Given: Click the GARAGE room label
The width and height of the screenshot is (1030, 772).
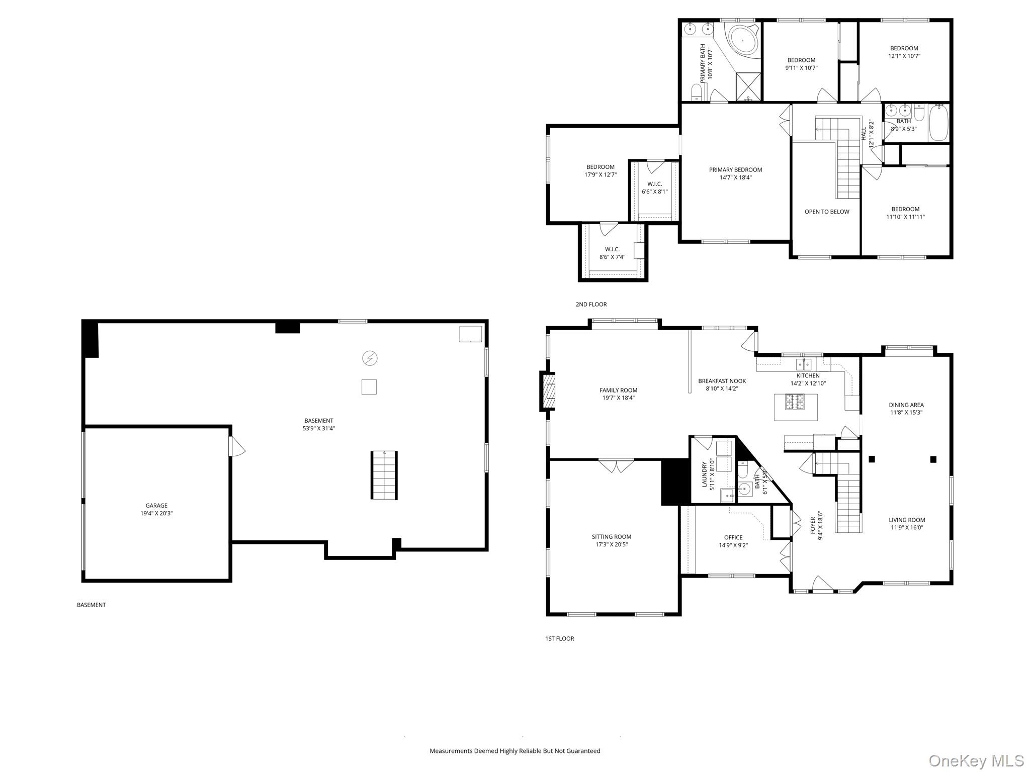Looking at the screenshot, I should click(156, 506).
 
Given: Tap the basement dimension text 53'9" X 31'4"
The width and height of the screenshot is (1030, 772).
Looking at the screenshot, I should click(318, 429).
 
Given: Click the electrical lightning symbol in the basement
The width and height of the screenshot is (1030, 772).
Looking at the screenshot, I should click(370, 358).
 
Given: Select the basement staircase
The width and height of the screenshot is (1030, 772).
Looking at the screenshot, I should click(384, 475).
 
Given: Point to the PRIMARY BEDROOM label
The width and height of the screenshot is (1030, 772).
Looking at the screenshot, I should click(735, 170).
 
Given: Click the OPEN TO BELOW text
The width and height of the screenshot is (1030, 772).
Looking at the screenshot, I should click(826, 212).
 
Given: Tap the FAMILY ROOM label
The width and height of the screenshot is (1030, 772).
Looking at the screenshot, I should click(618, 390).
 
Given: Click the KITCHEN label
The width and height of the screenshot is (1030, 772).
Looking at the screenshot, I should click(808, 375).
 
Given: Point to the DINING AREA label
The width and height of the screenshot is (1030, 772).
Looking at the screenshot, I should click(906, 405).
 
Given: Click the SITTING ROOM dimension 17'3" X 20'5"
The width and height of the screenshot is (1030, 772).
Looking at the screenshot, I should click(612, 544).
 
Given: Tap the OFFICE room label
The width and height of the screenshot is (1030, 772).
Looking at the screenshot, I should click(733, 537).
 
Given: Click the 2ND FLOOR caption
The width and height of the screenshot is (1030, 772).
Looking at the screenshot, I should click(591, 304).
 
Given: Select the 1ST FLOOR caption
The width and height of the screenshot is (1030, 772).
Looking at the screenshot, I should click(559, 638).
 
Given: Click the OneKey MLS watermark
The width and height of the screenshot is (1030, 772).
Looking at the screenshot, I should click(976, 760).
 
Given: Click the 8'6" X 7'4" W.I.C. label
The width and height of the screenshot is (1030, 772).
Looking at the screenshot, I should click(612, 257).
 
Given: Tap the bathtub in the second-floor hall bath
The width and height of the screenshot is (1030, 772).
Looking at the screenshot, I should click(938, 123).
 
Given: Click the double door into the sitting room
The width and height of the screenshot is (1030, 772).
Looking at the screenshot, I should click(617, 465).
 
